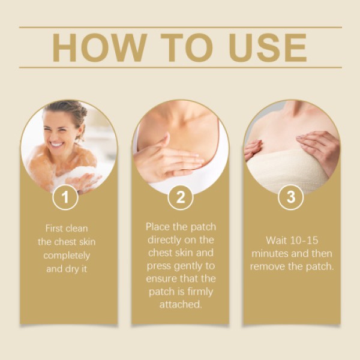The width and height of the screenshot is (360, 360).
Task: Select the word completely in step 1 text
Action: coord(69,255)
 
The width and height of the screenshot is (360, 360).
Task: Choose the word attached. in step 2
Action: coord(180,305)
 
